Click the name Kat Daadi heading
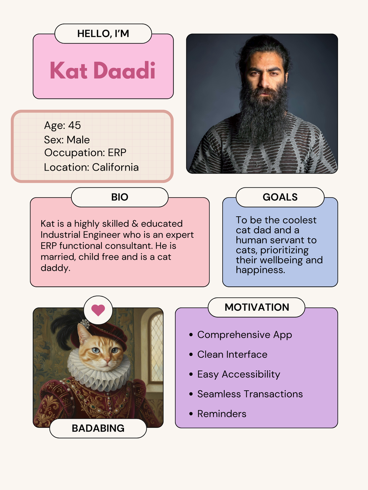coord(103,70)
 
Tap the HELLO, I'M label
coord(103,34)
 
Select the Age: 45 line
coord(62,125)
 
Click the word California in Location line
coord(115,167)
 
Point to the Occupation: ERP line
coord(85,153)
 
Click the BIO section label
coord(119,197)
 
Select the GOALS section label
coord(280,197)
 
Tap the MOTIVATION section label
coord(256,307)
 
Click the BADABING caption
coord(98,428)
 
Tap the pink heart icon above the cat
coord(98,310)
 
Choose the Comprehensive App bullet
coord(244,335)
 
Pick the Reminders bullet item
coord(222,414)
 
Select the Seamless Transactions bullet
coord(250,394)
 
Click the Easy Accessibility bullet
coord(238,374)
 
